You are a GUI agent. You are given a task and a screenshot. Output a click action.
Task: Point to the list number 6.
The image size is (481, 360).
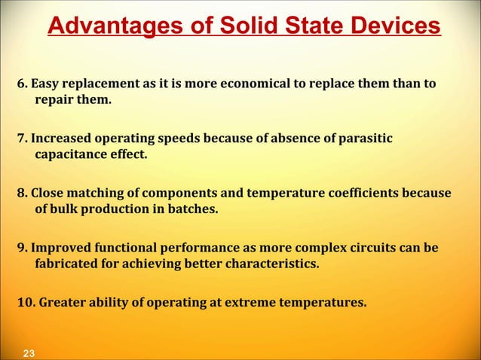click(21, 82)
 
